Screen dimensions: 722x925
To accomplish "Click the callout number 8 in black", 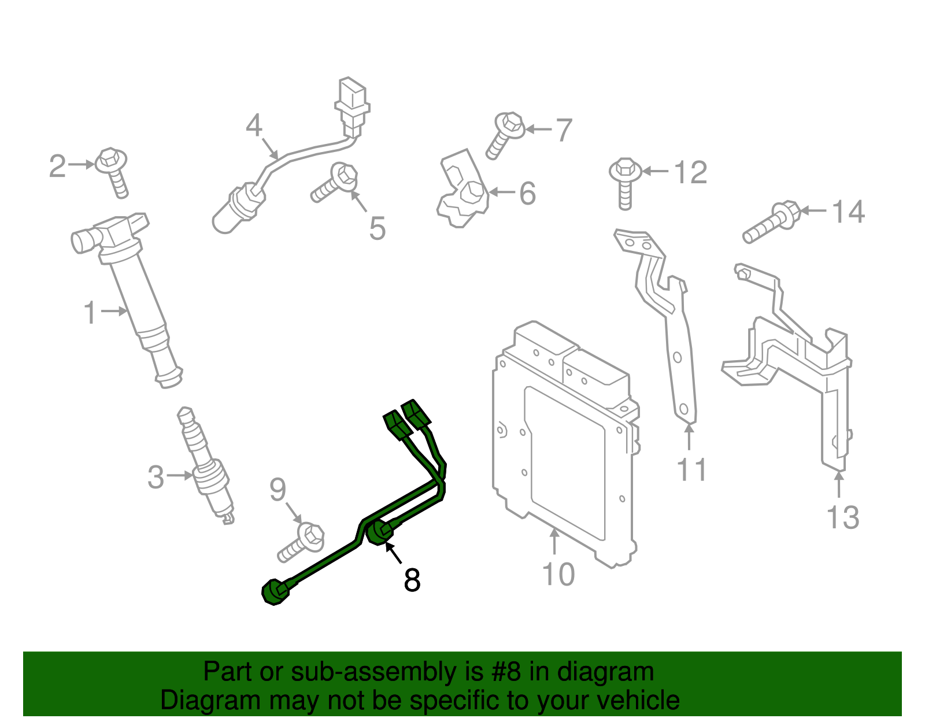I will tap(412, 580).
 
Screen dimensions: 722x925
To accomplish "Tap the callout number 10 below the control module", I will tap(558, 575).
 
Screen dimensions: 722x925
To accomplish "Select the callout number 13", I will tap(842, 517).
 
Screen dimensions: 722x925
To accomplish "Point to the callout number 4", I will tap(254, 125).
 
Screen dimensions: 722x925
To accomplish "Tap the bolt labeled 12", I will tap(625, 182).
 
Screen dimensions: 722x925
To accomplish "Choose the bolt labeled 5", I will tap(335, 183).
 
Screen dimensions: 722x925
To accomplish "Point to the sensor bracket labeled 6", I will tap(462, 191).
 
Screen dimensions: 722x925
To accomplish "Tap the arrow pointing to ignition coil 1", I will tap(114, 311).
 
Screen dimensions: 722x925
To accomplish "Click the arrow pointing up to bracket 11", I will tap(689, 437).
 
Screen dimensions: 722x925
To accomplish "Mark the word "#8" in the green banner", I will tap(506, 672).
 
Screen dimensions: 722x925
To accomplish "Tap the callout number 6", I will tap(527, 193).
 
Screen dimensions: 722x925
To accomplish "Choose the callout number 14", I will tap(848, 212).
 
